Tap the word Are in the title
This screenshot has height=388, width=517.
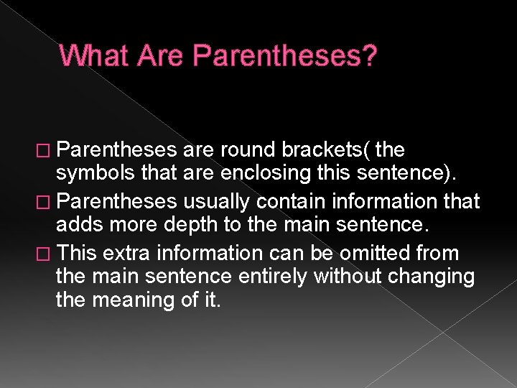(155, 56)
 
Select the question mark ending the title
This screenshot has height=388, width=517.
(368, 56)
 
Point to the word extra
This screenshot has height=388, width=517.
(124, 254)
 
